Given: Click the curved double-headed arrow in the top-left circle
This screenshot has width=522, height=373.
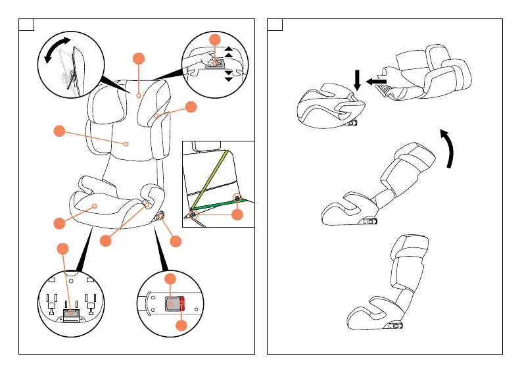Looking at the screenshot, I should pyautogui.click(x=56, y=51).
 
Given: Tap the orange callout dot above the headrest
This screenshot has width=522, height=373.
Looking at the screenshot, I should pyautogui.click(x=138, y=58).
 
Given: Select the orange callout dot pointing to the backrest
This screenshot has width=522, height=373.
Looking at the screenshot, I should pyautogui.click(x=59, y=131).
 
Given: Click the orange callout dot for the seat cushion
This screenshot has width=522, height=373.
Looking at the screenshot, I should pyautogui.click(x=59, y=223).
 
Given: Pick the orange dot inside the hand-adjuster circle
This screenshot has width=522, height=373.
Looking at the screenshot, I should pyautogui.click(x=214, y=40).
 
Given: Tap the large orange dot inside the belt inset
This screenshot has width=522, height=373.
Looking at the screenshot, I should pyautogui.click(x=237, y=214).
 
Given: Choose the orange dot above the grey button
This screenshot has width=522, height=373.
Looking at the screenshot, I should pyautogui.click(x=170, y=279).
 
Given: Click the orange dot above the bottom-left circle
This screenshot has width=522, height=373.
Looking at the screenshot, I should pyautogui.click(x=62, y=248).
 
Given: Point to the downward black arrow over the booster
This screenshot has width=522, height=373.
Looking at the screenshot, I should pyautogui.click(x=357, y=79).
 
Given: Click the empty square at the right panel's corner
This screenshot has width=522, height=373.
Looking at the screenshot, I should pyautogui.click(x=275, y=26).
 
